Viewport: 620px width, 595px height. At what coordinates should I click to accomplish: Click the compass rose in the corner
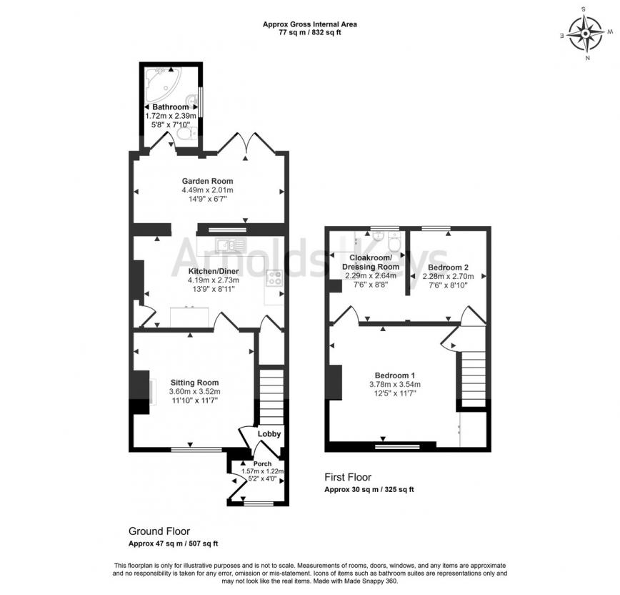click(589, 34)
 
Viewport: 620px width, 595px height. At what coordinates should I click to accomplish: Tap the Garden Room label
click(207, 181)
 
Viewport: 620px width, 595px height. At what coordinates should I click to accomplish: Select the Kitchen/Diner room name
click(213, 271)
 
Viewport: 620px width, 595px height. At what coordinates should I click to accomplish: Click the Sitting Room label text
click(194, 383)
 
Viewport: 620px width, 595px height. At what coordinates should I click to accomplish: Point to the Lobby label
click(269, 434)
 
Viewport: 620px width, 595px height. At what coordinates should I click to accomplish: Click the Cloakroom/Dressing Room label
click(370, 262)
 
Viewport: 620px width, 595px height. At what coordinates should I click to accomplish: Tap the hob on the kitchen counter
click(274, 279)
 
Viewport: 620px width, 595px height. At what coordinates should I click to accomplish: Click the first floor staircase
click(472, 378)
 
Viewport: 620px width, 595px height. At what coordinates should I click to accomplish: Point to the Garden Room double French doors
click(247, 143)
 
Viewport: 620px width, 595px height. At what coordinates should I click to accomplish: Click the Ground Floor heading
click(159, 531)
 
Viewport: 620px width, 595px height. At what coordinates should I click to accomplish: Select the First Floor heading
click(348, 478)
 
